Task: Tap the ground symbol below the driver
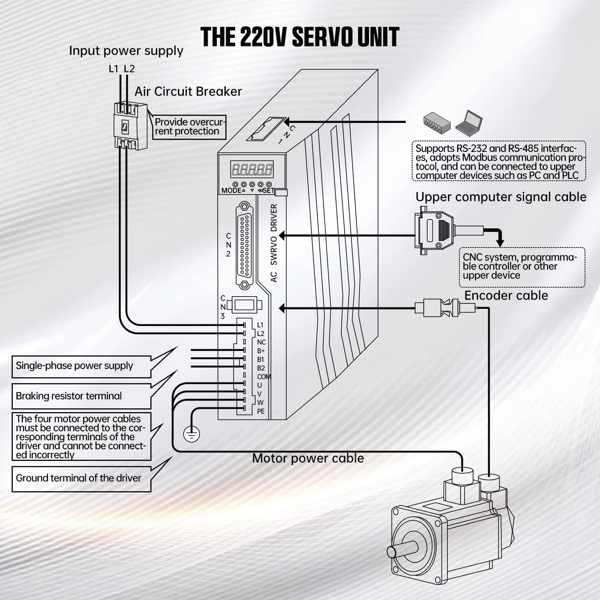191,434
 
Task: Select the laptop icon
469,122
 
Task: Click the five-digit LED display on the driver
252,169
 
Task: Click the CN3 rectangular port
244,305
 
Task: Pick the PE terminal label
261,411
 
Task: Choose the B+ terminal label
261,351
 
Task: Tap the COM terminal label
264,376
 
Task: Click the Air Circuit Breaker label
188,91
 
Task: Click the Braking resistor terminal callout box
81,396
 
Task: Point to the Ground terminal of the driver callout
81,478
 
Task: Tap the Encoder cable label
506,295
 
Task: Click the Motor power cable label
308,458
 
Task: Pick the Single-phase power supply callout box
81,366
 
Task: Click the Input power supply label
126,51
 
